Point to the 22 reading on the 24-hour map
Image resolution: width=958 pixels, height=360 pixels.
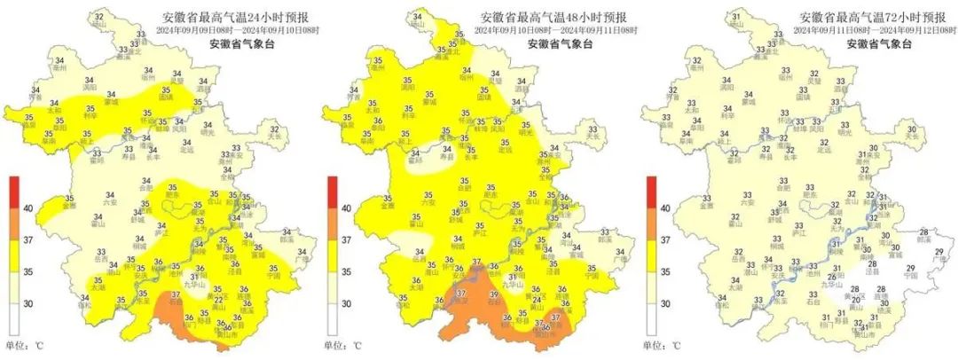point(217,300)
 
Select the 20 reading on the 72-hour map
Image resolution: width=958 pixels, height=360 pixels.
point(856,301)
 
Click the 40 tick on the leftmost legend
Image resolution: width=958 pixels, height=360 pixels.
point(27,207)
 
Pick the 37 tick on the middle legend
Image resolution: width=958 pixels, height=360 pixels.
point(346,239)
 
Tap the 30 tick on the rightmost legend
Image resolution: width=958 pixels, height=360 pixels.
point(665,303)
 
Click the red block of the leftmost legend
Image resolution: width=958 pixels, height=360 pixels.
point(13,192)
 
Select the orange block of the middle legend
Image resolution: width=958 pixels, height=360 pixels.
point(333,223)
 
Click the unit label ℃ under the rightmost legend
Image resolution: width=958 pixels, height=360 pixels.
point(679,345)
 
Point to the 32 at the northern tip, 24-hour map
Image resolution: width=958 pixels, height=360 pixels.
point(97,18)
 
